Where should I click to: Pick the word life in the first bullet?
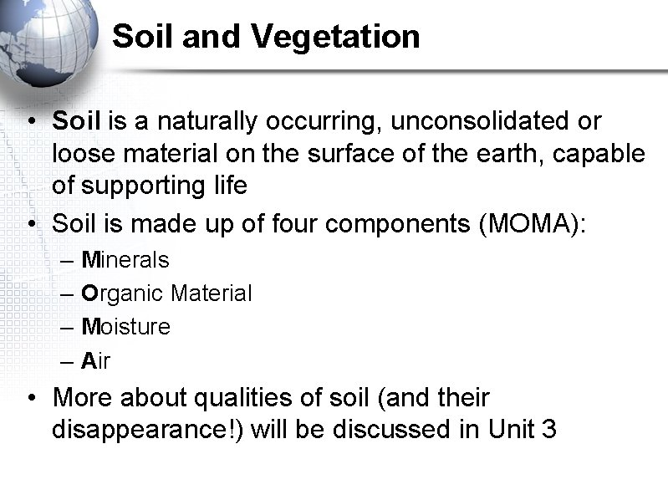227,186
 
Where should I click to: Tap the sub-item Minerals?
125,260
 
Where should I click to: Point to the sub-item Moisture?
125,327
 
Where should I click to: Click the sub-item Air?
96,360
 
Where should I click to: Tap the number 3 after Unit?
548,429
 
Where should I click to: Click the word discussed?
395,429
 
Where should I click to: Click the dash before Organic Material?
69,293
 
